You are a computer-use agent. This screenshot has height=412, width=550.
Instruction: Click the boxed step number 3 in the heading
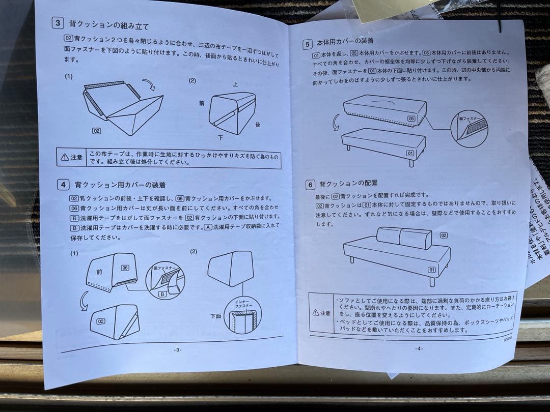(x=59, y=23)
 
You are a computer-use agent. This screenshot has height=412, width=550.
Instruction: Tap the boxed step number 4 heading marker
(x=63, y=184)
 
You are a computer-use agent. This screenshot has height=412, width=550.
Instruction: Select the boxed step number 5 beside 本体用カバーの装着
(x=307, y=44)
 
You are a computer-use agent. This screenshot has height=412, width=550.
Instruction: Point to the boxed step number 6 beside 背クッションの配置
(x=310, y=185)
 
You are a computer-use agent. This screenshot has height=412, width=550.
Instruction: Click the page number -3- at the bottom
(x=178, y=349)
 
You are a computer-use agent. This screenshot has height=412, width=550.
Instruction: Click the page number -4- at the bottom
(x=419, y=348)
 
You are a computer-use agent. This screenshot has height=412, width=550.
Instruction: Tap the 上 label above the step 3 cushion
(x=235, y=84)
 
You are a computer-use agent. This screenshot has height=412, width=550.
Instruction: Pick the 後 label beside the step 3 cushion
(x=258, y=124)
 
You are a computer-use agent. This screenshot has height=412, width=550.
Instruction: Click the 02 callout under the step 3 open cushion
(x=97, y=131)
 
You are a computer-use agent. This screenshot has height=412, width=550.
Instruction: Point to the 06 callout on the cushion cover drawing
(x=124, y=268)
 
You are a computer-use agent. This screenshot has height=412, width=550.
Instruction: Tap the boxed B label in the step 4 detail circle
(x=162, y=294)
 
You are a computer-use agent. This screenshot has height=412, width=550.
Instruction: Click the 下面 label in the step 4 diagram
(x=215, y=316)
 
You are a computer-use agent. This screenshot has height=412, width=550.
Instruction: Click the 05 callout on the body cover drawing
(x=411, y=119)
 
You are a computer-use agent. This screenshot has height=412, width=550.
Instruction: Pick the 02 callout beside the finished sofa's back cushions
(x=444, y=235)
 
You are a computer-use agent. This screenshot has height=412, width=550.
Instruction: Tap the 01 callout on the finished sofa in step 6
(x=431, y=270)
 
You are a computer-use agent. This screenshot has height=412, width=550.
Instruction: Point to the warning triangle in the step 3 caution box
(x=64, y=157)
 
